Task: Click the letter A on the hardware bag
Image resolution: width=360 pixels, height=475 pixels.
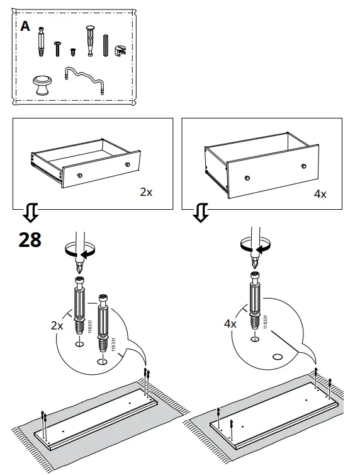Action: pos(25,26)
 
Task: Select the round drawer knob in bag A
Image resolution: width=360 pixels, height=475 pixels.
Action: pos(43,83)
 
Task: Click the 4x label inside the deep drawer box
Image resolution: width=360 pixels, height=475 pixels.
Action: pos(320,193)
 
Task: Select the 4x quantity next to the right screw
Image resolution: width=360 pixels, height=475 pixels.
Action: pos(230,324)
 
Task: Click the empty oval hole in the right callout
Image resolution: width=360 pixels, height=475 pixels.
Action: pos(276,357)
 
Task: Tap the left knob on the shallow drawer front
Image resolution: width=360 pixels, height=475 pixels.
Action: pos(79,173)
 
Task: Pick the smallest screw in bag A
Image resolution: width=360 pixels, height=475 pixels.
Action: pos(72,50)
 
